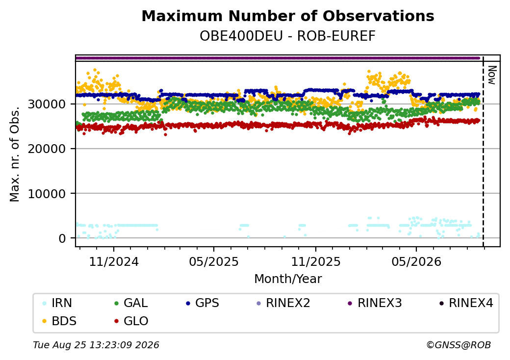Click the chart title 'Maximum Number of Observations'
(288, 16)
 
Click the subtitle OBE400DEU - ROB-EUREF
(287, 36)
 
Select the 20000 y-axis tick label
(47, 149)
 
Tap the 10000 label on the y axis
(47, 194)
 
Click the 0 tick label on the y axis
(62, 239)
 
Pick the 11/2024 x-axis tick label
(114, 261)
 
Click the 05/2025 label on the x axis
(214, 261)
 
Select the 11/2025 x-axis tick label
(315, 261)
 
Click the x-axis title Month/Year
(288, 279)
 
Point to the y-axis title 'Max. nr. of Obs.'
(15, 154)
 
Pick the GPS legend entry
(202, 303)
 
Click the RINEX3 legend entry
(374, 303)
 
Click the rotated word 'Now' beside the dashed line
(492, 75)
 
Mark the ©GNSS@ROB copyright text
(459, 345)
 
